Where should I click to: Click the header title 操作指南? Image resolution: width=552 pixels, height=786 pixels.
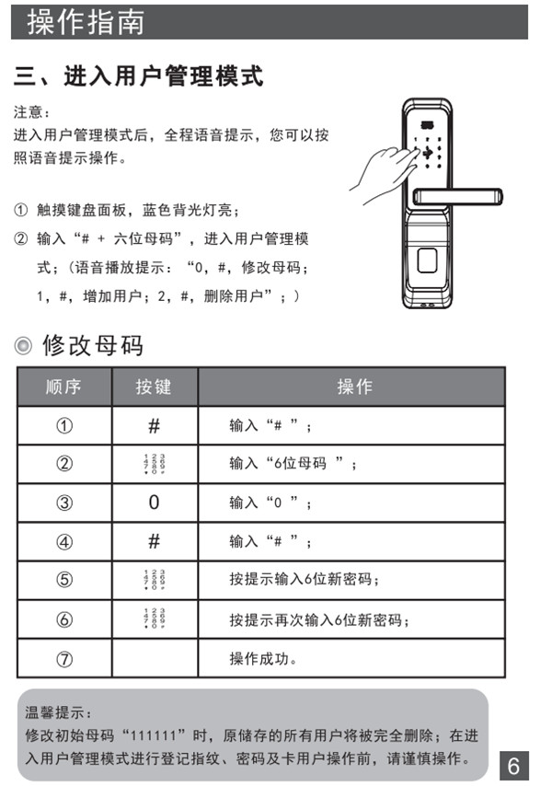[86, 21]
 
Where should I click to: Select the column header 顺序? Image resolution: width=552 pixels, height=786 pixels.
[63, 387]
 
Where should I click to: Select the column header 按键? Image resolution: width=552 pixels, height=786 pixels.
[154, 387]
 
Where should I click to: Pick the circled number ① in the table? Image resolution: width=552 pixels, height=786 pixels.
[63, 426]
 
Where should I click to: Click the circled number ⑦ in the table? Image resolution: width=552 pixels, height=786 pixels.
[63, 659]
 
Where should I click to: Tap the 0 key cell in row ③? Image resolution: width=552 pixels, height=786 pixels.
[154, 503]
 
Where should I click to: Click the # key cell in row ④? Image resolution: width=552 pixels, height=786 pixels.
[154, 541]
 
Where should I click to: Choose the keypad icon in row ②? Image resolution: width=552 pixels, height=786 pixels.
[154, 464]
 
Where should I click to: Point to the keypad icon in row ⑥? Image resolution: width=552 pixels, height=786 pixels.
[154, 618]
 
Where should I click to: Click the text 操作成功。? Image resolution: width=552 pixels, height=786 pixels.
[263, 659]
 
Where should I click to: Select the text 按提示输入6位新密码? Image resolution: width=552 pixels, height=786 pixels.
[305, 580]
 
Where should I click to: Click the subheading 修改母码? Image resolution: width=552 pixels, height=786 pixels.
[93, 346]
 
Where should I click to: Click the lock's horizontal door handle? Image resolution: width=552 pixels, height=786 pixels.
[457, 196]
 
